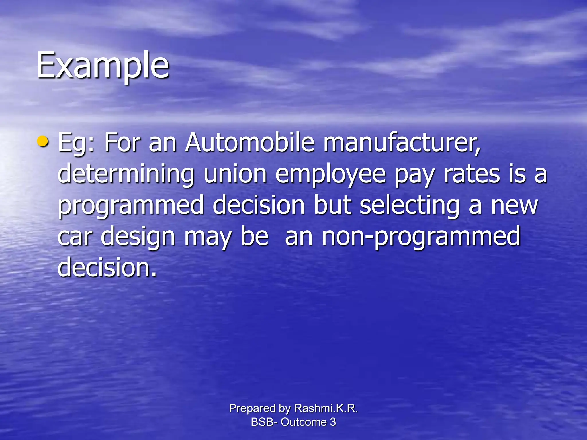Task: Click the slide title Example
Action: point(103,65)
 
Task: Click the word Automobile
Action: point(250,142)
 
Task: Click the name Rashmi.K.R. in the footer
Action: point(326,408)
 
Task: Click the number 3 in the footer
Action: point(333,422)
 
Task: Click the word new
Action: point(514,206)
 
